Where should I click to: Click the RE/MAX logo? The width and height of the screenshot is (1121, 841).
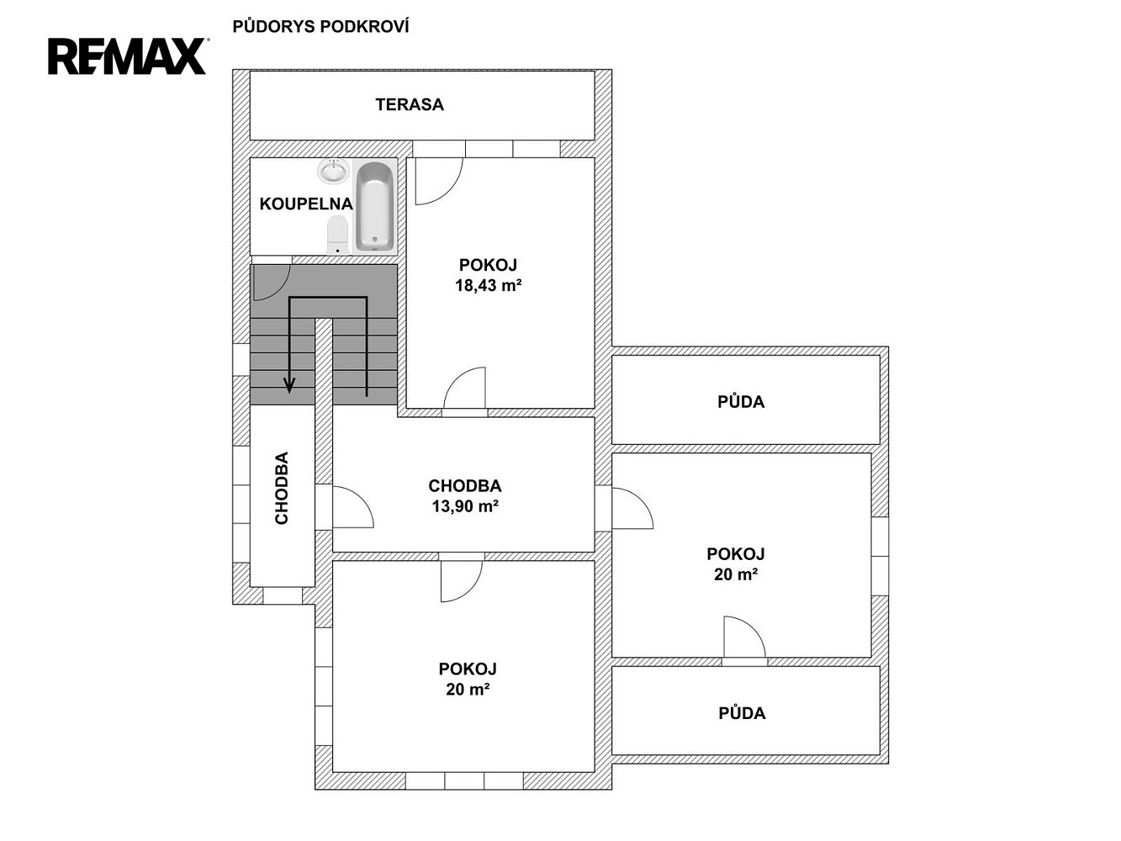pos(127,56)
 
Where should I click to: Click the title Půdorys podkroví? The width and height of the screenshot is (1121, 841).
pos(320,27)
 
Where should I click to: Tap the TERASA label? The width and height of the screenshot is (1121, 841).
pos(410,104)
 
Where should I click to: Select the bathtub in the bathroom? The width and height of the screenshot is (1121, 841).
pos(375,206)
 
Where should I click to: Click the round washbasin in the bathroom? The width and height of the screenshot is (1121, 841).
pos(334,171)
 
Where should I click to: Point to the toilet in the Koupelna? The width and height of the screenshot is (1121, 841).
pos(337,235)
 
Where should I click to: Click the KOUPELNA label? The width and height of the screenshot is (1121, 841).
pos(306,204)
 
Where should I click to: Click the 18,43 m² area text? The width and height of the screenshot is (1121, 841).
pos(489,285)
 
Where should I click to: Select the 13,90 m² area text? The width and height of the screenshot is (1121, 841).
pos(465,506)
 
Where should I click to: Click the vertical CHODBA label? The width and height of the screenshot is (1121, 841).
pos(282,488)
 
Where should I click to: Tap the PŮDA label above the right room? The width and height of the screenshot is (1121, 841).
pos(741,402)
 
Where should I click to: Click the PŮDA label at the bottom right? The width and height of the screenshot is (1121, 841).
pos(742,713)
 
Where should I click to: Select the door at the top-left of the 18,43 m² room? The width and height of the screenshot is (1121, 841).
pos(439,182)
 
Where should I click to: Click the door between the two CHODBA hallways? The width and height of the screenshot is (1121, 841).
pos(353,507)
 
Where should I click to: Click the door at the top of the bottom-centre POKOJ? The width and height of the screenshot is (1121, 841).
pos(462,582)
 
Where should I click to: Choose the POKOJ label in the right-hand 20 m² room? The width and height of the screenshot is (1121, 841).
pos(735,553)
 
